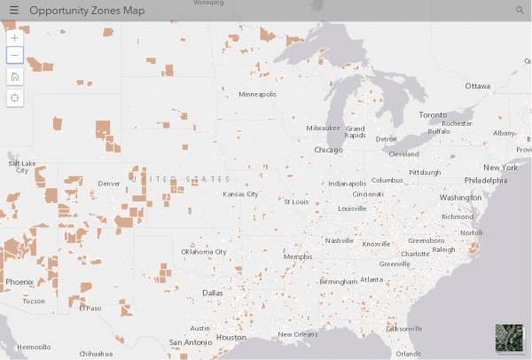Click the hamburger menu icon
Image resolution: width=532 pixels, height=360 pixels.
pos(13,10)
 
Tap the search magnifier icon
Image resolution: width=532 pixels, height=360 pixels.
pos(520,10)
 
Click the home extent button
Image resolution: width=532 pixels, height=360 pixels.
pos(15,76)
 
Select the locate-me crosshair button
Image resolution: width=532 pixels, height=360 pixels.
pos(15,98)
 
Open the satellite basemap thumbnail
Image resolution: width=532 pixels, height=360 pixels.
pos(510,340)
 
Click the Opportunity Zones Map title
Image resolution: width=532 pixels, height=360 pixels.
pos(88,10)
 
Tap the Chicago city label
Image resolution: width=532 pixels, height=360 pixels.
pos(327,150)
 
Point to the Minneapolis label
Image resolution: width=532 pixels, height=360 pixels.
pos(257,94)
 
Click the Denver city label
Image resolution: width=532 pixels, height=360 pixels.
pos(109,184)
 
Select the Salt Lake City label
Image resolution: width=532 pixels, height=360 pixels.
pos(22,167)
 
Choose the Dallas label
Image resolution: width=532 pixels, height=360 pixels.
pos(213,293)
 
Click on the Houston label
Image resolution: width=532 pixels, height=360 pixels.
pos(231,337)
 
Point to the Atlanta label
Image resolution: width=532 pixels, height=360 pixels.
pos(372,279)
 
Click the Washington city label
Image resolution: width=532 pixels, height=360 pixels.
pos(459,197)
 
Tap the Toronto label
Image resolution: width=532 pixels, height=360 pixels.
pos(434,115)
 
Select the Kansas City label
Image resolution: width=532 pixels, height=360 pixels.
pos(240,193)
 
